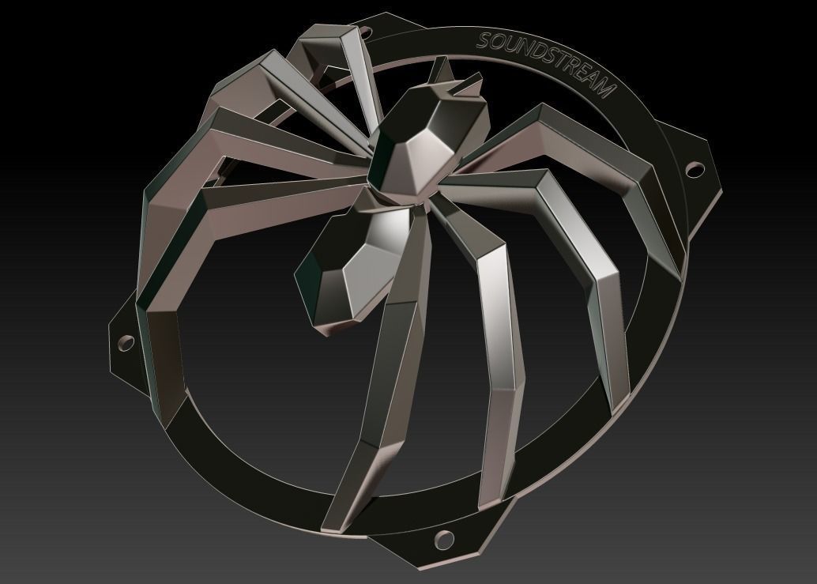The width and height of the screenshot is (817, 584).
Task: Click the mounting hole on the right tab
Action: point(695,168)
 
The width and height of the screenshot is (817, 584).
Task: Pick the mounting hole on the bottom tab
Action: point(443,540)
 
